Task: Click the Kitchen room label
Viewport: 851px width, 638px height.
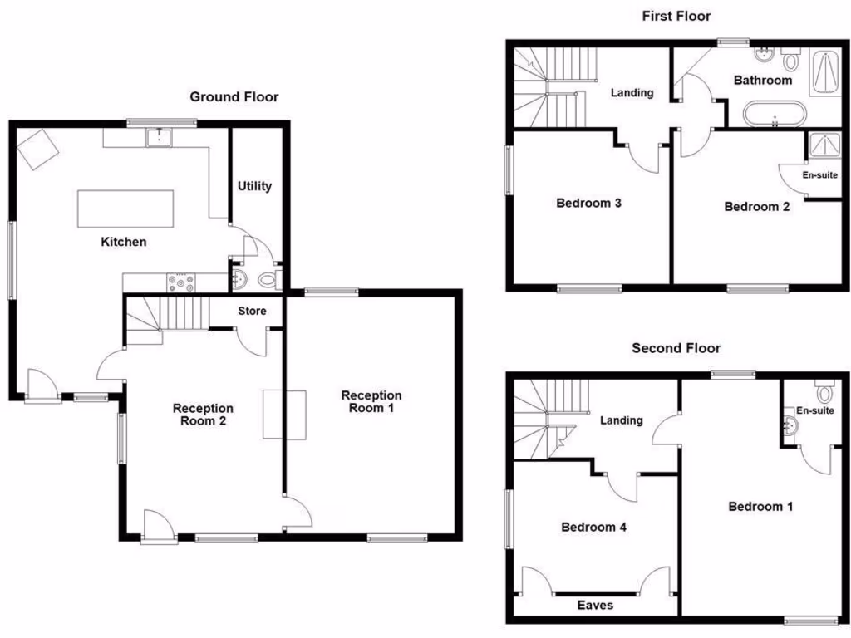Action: pos(124,242)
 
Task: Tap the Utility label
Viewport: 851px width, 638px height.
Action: pos(254,186)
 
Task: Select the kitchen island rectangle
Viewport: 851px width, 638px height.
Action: pos(126,209)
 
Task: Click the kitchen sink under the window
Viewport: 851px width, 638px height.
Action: pos(158,137)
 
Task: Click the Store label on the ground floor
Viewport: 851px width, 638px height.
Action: pos(252,312)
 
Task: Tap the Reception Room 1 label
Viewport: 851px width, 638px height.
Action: pos(371,402)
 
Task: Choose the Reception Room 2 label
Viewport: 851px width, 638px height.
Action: pos(203,415)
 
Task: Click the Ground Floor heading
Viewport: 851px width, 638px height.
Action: pos(234,97)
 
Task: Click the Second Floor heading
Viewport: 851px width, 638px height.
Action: pos(676,348)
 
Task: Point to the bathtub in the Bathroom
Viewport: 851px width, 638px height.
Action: pos(775,114)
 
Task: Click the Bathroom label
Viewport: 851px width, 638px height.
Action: pos(763,81)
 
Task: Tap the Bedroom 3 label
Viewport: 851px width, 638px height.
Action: pos(589,203)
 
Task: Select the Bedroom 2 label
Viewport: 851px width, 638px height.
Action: pos(757,207)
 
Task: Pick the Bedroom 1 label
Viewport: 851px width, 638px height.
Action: pos(760,507)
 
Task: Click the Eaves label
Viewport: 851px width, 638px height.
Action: pos(596,605)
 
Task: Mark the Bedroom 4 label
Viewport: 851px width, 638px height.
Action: pos(593,527)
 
